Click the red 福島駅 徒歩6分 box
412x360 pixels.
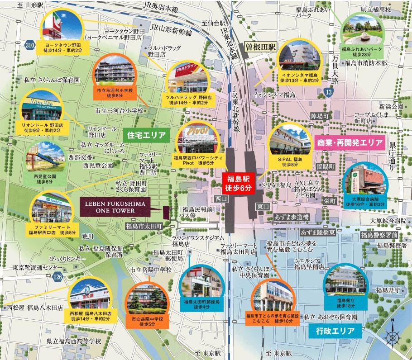(239, 182)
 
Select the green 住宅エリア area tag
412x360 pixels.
(144, 134)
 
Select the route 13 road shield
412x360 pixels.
(330, 92)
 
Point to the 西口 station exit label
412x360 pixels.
(221, 198)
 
